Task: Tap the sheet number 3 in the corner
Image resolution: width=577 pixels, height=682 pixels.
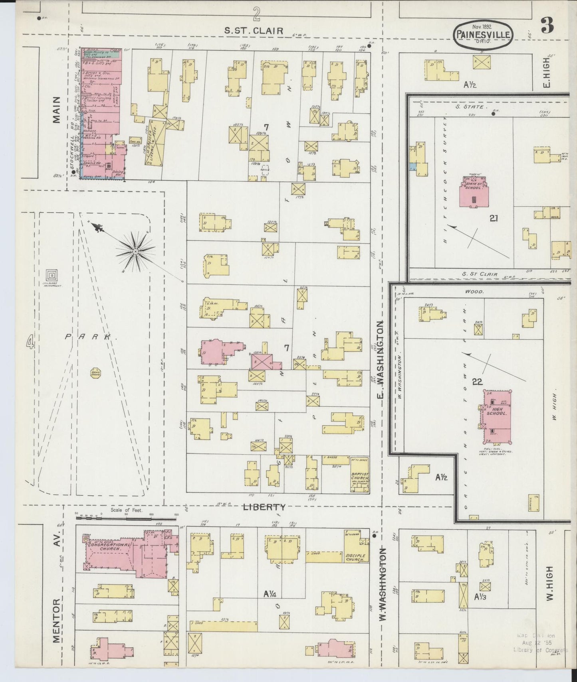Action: (x=547, y=26)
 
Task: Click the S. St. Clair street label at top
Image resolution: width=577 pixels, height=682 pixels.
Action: (x=254, y=30)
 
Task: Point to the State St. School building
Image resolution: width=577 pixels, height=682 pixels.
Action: (x=474, y=193)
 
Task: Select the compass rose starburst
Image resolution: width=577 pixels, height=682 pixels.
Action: (x=135, y=251)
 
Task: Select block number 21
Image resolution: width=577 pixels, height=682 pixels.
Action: (x=494, y=218)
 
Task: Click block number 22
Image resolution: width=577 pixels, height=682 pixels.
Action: (x=477, y=382)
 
